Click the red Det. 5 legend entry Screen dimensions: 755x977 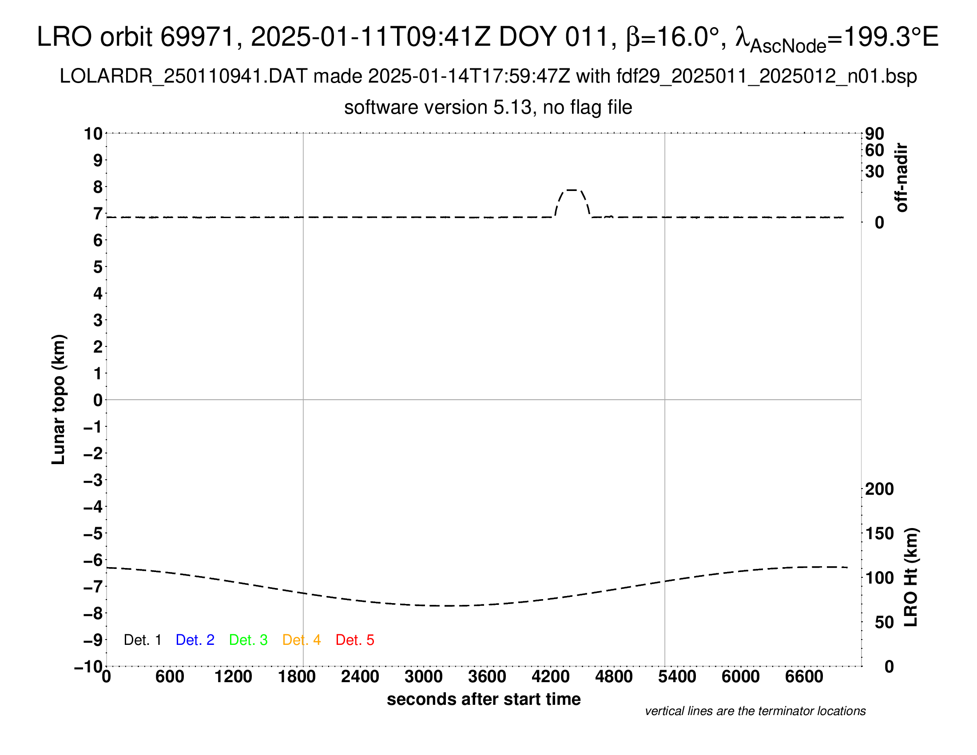(x=355, y=640)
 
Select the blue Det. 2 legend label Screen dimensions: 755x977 (x=195, y=640)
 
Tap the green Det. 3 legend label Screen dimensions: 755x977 (x=248, y=640)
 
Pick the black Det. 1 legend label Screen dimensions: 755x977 (x=142, y=640)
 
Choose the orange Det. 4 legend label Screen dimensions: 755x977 (x=302, y=640)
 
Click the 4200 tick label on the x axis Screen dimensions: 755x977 (x=550, y=677)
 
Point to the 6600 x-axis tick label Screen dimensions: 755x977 (x=804, y=677)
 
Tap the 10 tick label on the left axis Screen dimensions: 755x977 (x=93, y=134)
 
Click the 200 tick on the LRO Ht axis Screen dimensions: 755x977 (x=879, y=489)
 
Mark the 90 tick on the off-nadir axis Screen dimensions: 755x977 (x=874, y=134)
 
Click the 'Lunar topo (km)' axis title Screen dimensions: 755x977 (x=59, y=399)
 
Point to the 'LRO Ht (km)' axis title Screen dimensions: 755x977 (x=911, y=577)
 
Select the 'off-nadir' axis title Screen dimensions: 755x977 (x=902, y=178)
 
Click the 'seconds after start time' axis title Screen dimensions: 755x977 (x=484, y=699)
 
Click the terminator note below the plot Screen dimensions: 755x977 (x=755, y=711)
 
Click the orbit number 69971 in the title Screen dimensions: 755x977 (x=197, y=37)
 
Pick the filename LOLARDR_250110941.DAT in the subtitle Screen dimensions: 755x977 (x=183, y=76)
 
